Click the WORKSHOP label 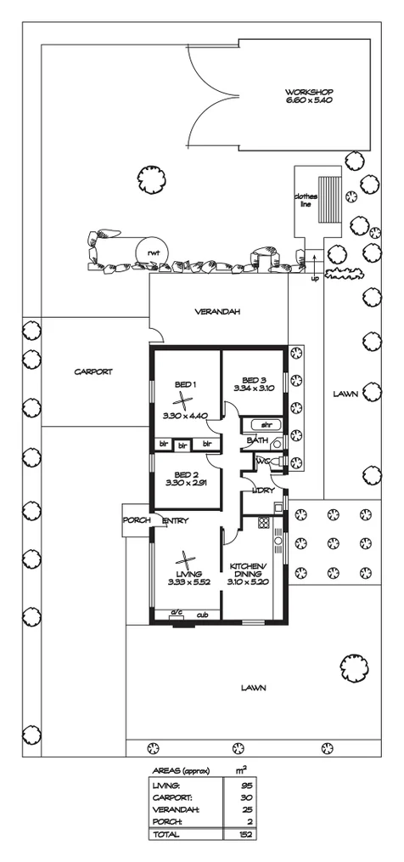pyautogui.click(x=308, y=93)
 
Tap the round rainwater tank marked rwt pyautogui.click(x=153, y=252)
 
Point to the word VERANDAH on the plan pyautogui.click(x=217, y=311)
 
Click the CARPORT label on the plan pyautogui.click(x=93, y=371)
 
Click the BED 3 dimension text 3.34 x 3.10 pyautogui.click(x=254, y=388)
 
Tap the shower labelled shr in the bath pyautogui.click(x=264, y=423)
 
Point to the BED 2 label pyautogui.click(x=185, y=474)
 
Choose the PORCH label pyautogui.click(x=137, y=520)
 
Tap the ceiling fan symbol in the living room pyautogui.click(x=185, y=560)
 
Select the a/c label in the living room pyautogui.click(x=177, y=615)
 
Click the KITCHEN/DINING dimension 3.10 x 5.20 pyautogui.click(x=247, y=584)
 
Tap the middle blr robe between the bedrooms pyautogui.click(x=182, y=444)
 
